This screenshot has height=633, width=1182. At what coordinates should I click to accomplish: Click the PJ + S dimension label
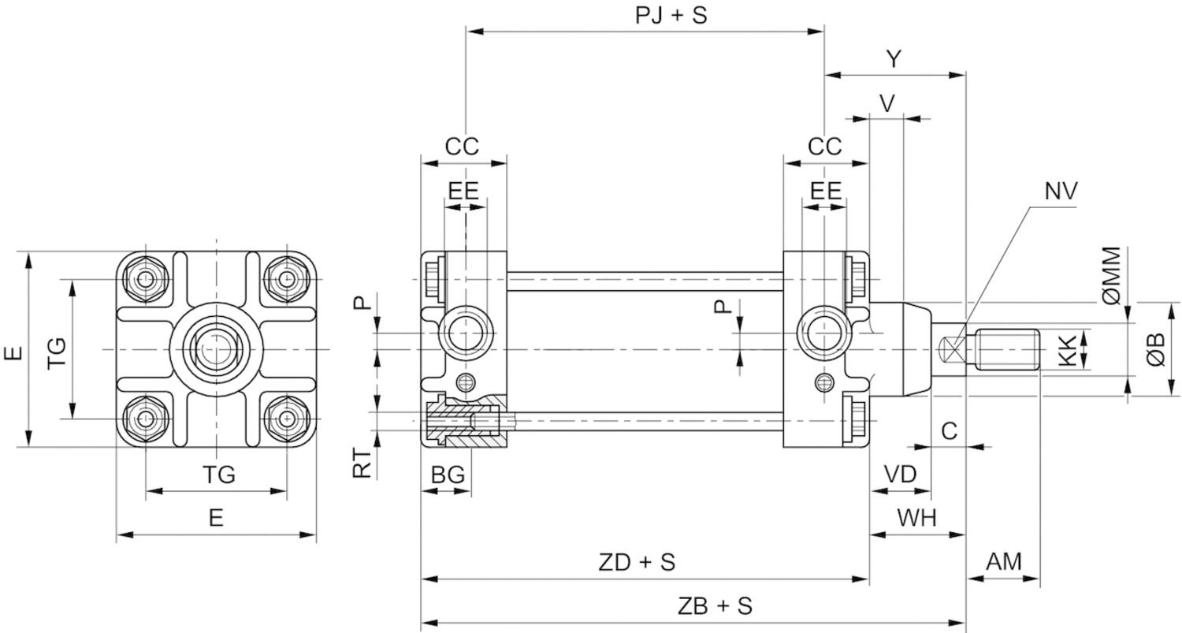coord(671,15)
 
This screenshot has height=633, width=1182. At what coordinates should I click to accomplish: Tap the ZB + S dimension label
coord(715,606)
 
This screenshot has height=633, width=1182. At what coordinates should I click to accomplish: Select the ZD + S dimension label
coord(637,563)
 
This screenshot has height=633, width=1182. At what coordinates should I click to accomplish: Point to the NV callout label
coord(1061,191)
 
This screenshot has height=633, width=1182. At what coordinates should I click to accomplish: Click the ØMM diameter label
coord(1111,275)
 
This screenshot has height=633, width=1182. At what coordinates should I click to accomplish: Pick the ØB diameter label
coord(1156,348)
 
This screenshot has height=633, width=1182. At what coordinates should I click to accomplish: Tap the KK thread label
coord(1068,348)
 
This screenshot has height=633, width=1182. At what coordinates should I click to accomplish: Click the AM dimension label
coord(1004,562)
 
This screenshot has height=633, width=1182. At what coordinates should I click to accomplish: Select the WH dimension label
coord(917,519)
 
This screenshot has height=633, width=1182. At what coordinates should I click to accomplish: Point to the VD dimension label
coord(900,475)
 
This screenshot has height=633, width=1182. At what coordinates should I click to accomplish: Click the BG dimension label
coord(447,475)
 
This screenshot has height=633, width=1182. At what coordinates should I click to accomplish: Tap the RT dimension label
coord(362,464)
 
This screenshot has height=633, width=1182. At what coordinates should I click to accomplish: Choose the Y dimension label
coord(894,59)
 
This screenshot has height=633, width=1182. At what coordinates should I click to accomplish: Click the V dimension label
coord(887,103)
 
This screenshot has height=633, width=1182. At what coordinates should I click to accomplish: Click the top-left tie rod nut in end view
coord(146,279)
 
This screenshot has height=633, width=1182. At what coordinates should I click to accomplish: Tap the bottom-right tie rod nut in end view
coord(287,418)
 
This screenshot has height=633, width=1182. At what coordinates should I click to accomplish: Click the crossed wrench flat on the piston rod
coord(953,348)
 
